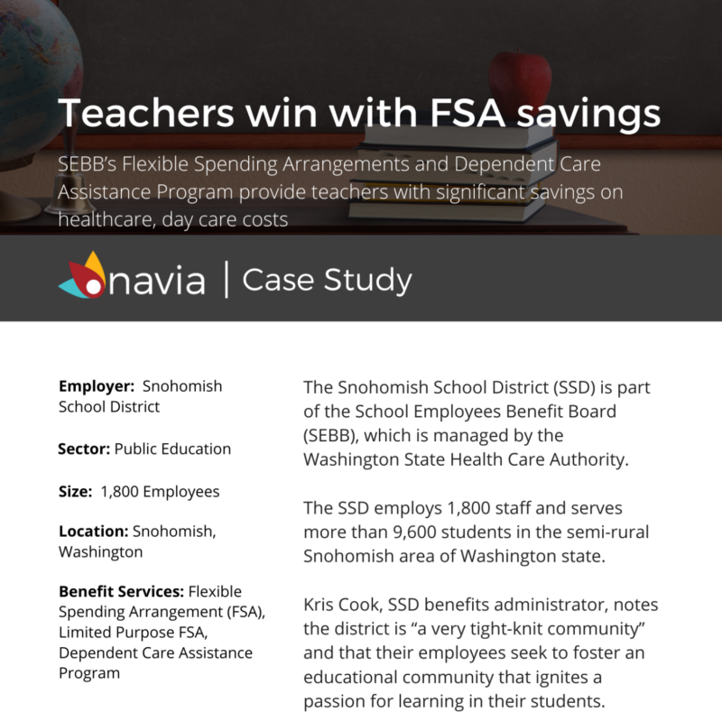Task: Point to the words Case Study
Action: pos(327,280)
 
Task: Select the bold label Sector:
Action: pos(84,449)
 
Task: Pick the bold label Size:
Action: pos(76,492)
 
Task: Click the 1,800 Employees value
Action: pos(160,492)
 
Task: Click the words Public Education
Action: pos(173,449)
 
